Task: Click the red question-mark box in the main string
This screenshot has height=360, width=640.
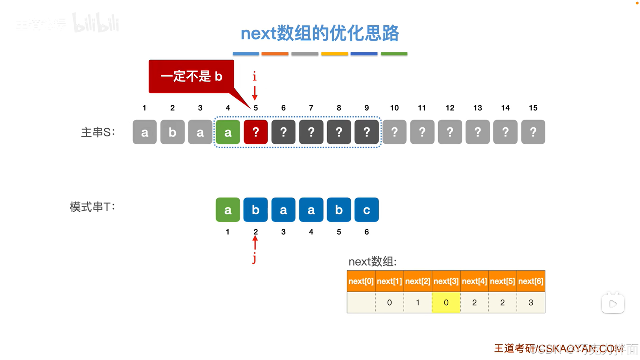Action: (x=255, y=132)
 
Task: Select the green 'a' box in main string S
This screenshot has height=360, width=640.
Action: (x=228, y=132)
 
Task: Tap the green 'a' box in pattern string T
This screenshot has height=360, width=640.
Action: (x=228, y=210)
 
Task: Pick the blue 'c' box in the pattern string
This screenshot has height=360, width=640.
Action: (x=367, y=210)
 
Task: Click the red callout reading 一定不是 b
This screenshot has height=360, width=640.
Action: (x=191, y=76)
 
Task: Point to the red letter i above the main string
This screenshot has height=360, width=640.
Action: (x=254, y=76)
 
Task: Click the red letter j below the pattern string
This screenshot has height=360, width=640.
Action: (x=254, y=258)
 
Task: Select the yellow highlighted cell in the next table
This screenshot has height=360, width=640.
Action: (x=446, y=303)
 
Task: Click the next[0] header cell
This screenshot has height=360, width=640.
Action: (x=361, y=281)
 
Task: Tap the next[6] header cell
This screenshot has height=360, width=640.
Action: (x=531, y=281)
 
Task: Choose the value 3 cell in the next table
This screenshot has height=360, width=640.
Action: (x=531, y=303)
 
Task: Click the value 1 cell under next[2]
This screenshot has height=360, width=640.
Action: (x=418, y=303)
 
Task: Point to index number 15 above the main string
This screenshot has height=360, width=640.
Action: (x=533, y=108)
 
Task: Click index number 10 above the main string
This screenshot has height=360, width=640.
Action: (x=394, y=108)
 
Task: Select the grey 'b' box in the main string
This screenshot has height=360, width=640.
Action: (x=172, y=132)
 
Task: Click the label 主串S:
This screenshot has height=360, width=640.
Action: (x=98, y=132)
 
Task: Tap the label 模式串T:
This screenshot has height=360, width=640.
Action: (x=92, y=207)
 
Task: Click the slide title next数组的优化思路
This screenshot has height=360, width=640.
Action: (x=320, y=33)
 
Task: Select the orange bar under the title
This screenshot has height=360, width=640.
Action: (x=275, y=54)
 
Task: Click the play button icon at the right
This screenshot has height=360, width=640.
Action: (x=613, y=304)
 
